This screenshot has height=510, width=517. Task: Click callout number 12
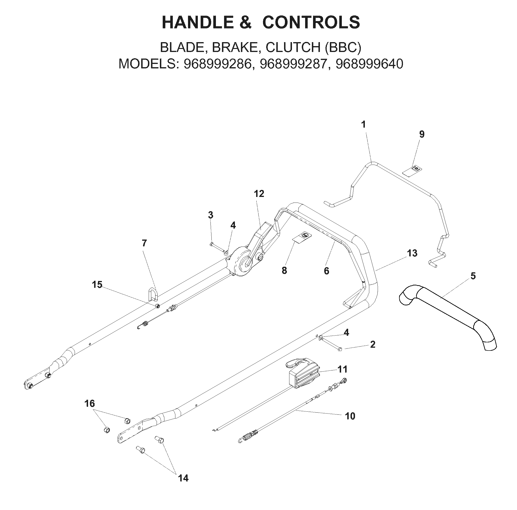tap(259, 194)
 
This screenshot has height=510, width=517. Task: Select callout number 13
tap(412, 253)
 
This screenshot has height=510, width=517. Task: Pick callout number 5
tap(473, 276)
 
